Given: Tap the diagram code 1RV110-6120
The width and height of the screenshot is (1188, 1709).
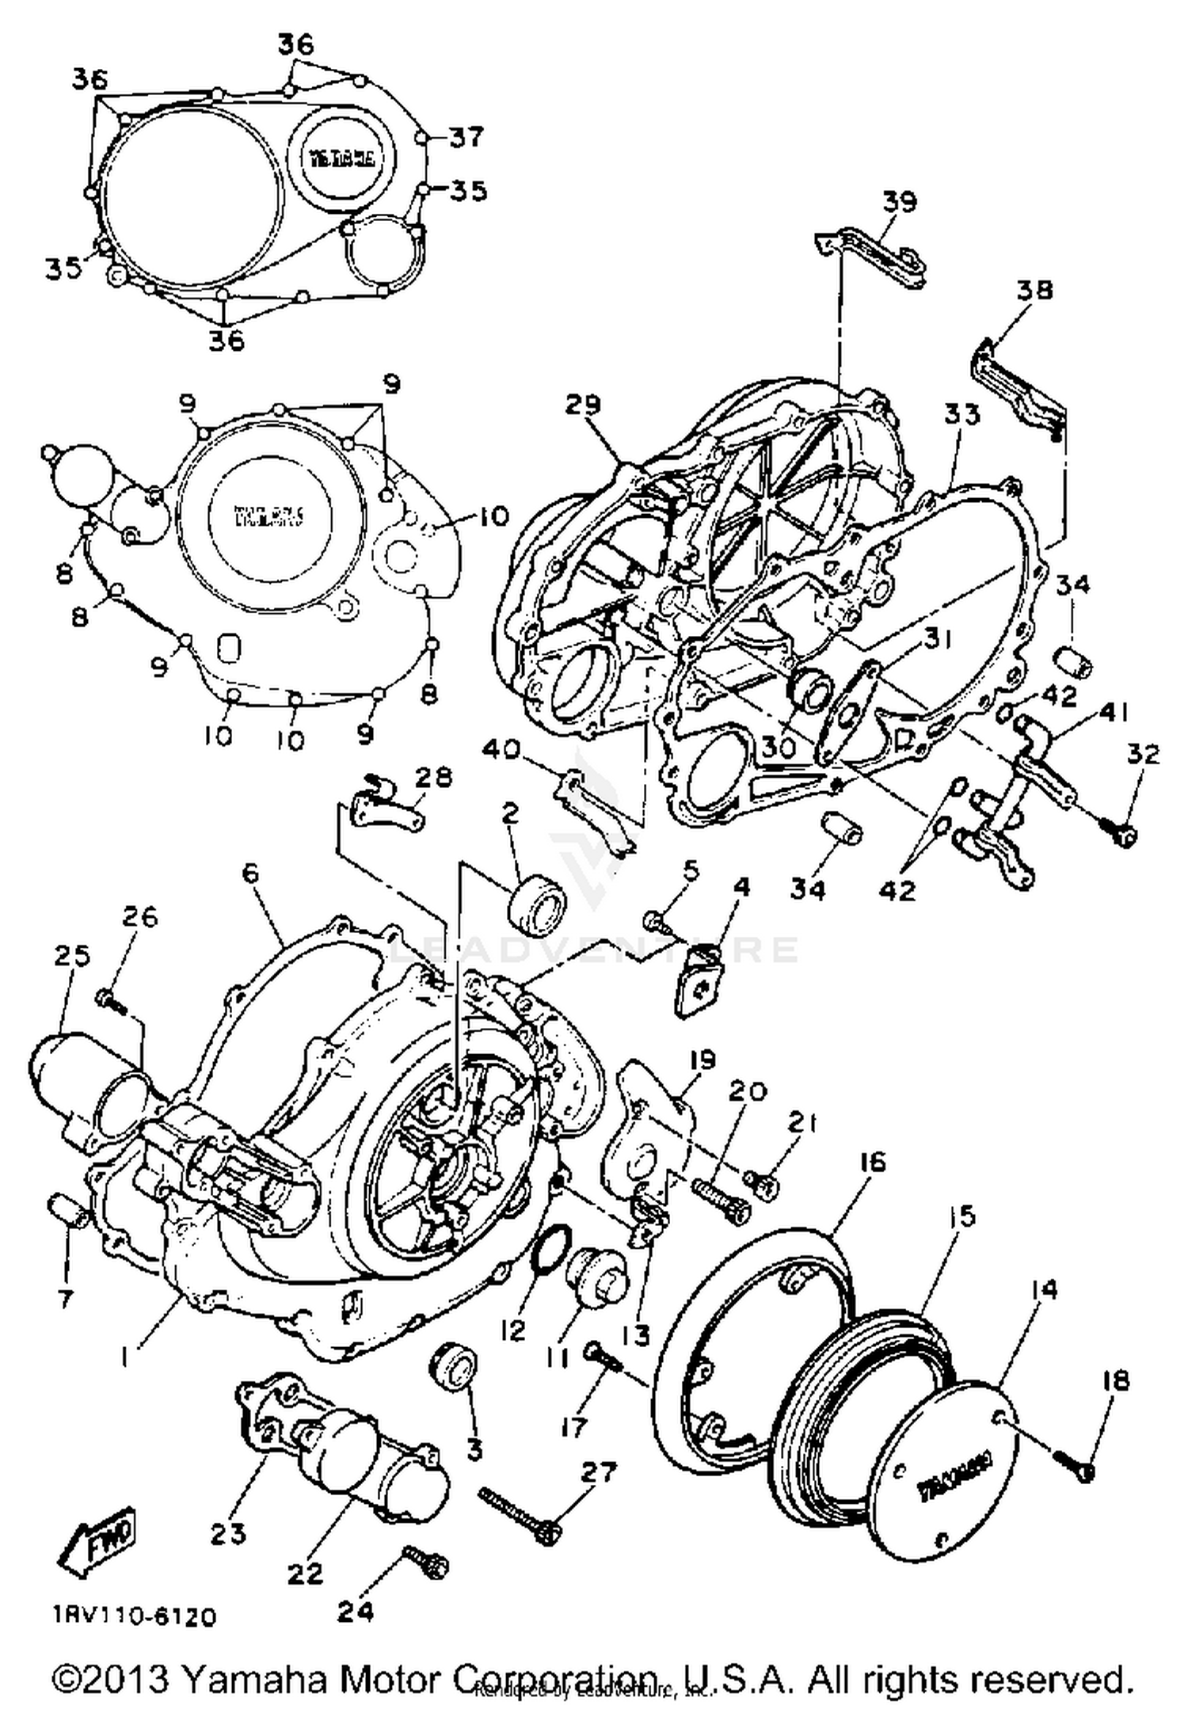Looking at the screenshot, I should [135, 1616].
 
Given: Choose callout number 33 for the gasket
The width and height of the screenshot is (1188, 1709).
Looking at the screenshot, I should [961, 414].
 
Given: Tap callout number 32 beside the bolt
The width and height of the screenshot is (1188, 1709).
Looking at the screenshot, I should [1141, 754].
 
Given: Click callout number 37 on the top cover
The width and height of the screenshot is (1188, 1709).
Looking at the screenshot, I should [466, 137].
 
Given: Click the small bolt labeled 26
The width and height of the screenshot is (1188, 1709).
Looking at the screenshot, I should [111, 999].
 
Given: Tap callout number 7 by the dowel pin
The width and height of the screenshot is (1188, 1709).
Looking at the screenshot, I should [65, 1299].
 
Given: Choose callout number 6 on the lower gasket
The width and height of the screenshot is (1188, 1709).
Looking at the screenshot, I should [250, 873].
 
